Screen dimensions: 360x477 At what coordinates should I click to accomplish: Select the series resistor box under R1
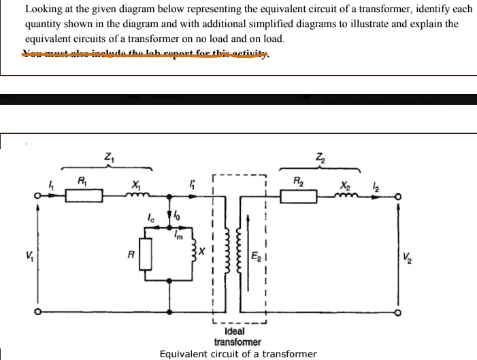click(x=84, y=197)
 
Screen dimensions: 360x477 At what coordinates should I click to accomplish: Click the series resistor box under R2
click(x=299, y=197)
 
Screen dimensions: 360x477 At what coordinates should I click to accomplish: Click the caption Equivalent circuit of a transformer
click(x=237, y=354)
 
